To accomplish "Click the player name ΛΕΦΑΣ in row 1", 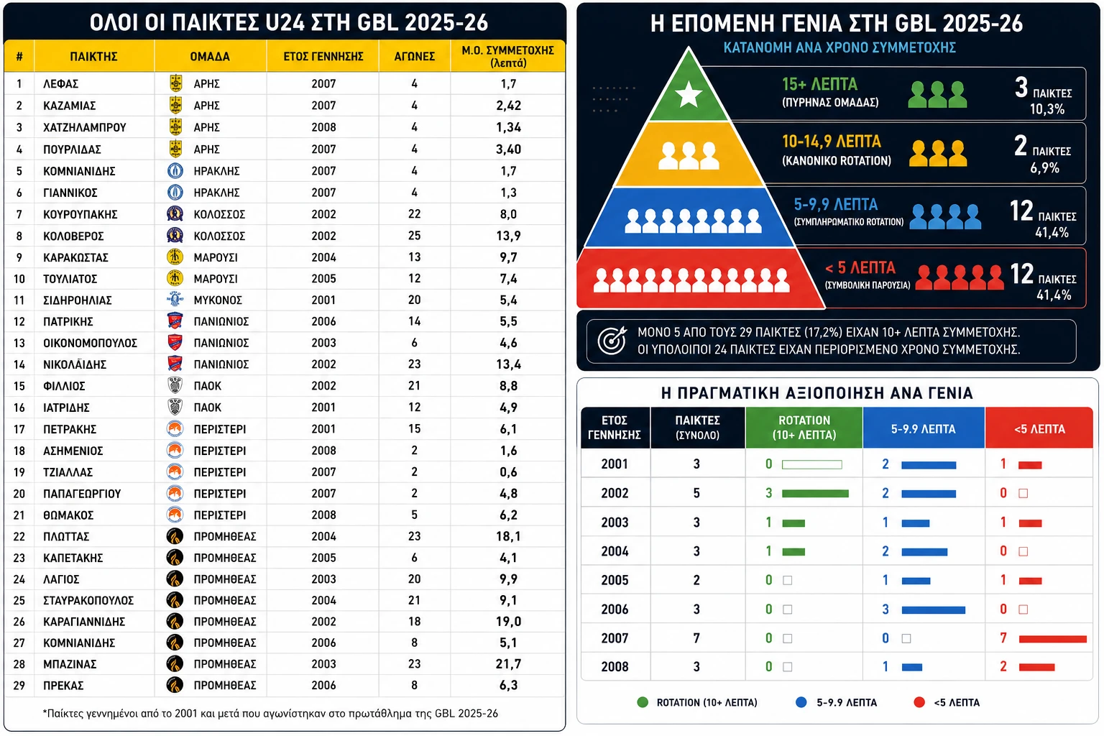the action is (60, 84).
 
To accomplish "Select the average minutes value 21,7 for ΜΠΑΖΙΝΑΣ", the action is (508, 664).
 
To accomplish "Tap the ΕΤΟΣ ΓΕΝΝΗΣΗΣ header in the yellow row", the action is (323, 57).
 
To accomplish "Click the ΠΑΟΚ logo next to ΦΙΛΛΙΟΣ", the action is (175, 385).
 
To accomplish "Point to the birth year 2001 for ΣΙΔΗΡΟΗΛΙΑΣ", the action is (323, 300).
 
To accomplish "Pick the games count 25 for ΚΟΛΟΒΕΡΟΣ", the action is (414, 236).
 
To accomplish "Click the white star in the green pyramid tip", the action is (688, 94).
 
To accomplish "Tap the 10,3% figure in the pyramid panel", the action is (1046, 109).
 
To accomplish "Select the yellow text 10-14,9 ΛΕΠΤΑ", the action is (832, 142).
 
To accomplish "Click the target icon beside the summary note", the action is (612, 340).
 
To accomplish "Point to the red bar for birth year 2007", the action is (1052, 639).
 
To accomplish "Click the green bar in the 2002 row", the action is (815, 494).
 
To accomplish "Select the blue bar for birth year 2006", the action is (933, 609).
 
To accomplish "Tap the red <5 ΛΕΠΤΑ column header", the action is (1039, 428).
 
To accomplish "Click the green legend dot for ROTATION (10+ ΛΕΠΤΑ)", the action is (642, 702).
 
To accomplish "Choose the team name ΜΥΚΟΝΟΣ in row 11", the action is (217, 300).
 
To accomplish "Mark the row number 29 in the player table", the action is (19, 686).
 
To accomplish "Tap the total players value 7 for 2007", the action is (696, 638).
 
